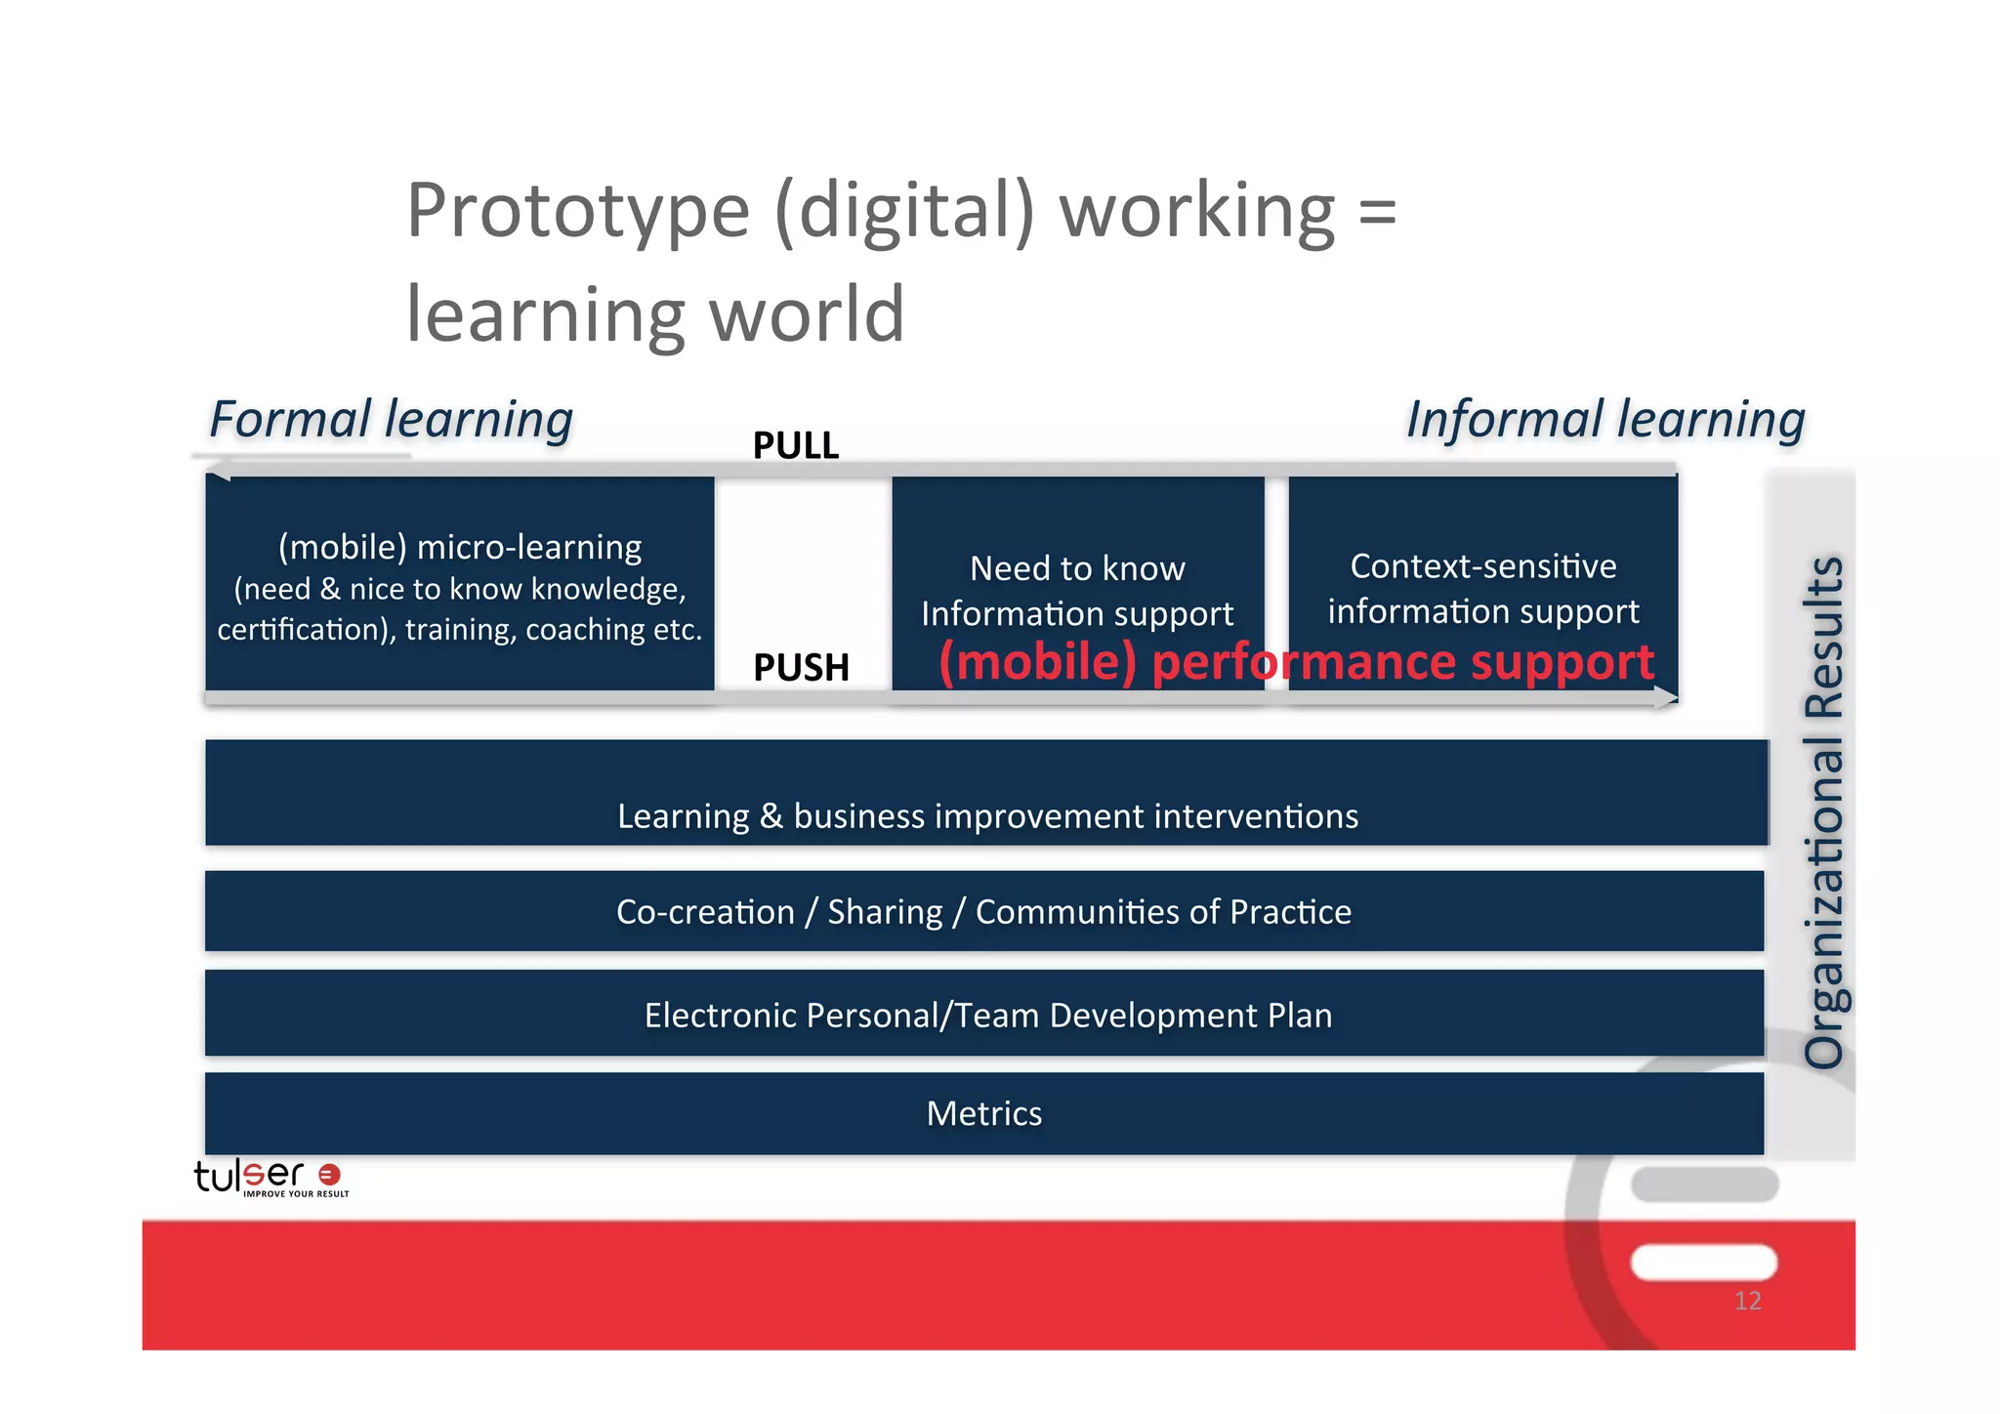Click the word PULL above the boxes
pyautogui.click(x=795, y=445)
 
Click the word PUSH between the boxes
pyautogui.click(x=801, y=668)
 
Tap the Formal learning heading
pyautogui.click(x=391, y=420)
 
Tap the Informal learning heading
pyautogui.click(x=1604, y=420)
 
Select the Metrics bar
pyautogui.click(x=983, y=1113)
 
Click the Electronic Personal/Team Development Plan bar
pyautogui.click(x=987, y=1015)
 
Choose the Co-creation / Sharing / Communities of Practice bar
pyautogui.click(x=983, y=911)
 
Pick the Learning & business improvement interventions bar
pyautogui.click(x=986, y=814)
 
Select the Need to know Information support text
pyautogui.click(x=1077, y=590)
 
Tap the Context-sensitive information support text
pyautogui.click(x=1482, y=588)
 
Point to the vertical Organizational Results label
pyautogui.click(x=1822, y=811)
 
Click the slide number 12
pyautogui.click(x=1747, y=1301)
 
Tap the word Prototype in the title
pyautogui.click(x=577, y=211)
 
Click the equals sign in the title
pyautogui.click(x=1377, y=211)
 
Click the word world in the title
pyautogui.click(x=807, y=314)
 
